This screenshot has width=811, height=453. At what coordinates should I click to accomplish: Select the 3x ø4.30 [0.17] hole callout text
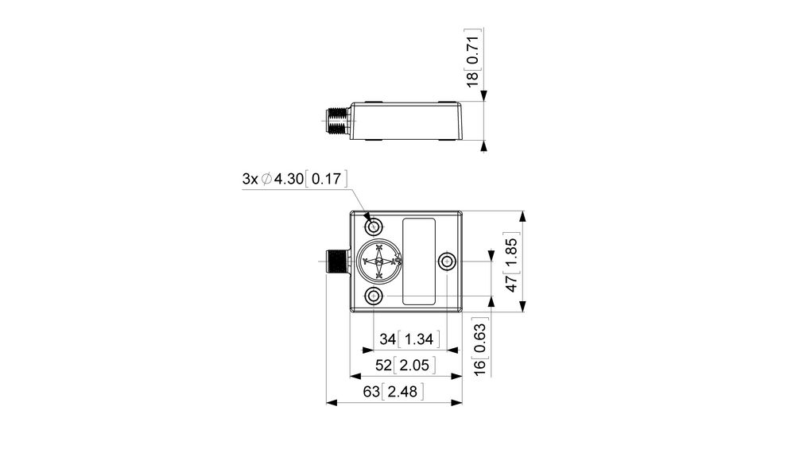click(x=295, y=180)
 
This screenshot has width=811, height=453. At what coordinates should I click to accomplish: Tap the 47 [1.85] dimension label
click(x=513, y=264)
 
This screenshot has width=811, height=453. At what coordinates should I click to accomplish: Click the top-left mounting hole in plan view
click(x=374, y=225)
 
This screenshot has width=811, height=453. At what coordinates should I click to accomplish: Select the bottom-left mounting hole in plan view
click(x=374, y=297)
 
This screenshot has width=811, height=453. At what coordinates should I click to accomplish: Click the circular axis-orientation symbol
click(x=379, y=261)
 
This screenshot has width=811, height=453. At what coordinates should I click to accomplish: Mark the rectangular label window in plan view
click(x=419, y=261)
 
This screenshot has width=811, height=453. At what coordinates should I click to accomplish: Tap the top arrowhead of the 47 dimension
click(x=522, y=216)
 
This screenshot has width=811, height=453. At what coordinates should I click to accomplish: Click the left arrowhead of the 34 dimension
click(x=367, y=350)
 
